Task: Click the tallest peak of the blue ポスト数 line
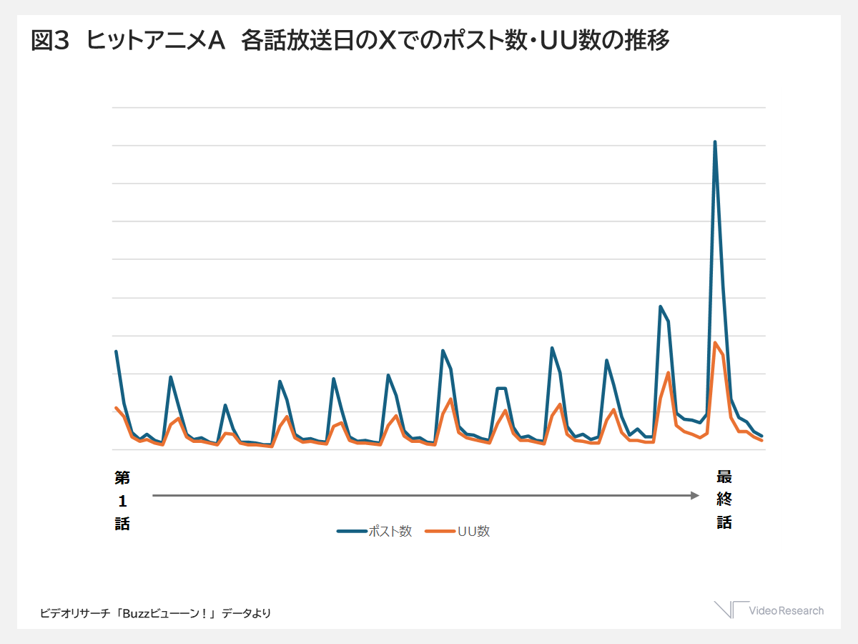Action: click(715, 142)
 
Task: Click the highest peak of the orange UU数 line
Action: click(715, 343)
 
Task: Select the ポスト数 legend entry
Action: click(375, 531)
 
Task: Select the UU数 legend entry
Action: click(458, 531)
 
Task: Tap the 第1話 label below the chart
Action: click(122, 500)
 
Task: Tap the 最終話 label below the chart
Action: click(724, 499)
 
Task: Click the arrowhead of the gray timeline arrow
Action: click(694, 495)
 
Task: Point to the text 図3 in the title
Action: click(49, 42)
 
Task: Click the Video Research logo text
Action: click(786, 610)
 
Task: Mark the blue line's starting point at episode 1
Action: click(116, 351)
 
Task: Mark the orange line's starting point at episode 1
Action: click(116, 408)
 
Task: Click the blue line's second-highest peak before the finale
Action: click(661, 306)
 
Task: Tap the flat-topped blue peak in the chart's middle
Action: click(501, 388)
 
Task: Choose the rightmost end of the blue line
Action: click(761, 436)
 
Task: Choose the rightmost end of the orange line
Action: click(761, 440)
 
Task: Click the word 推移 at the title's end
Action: click(650, 42)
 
